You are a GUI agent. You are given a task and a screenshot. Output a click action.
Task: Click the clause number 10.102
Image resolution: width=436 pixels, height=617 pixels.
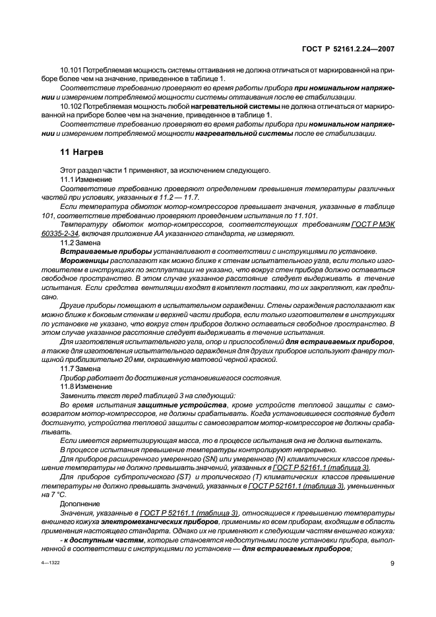coord(71,105)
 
